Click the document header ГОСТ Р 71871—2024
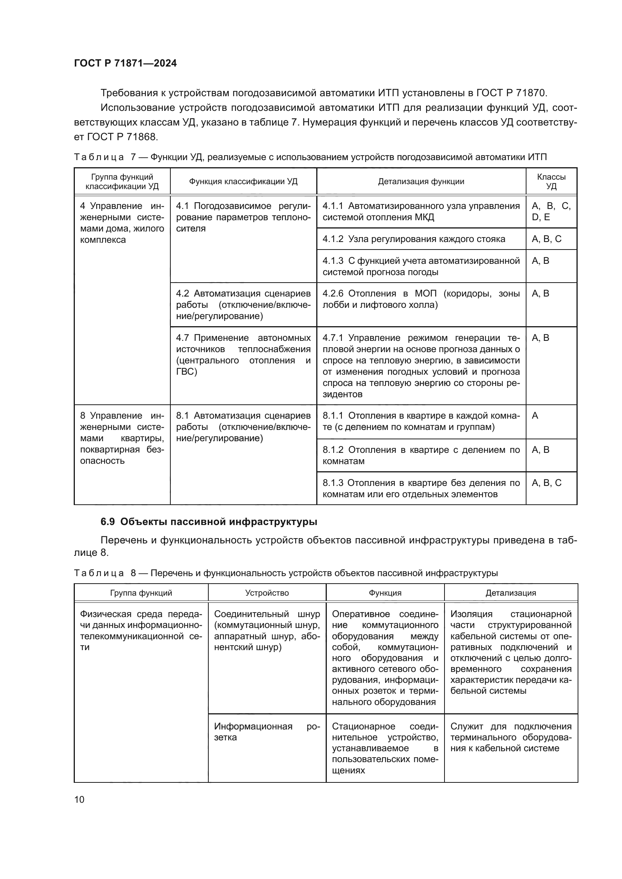pyautogui.click(x=125, y=64)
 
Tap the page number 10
pyautogui.click(x=79, y=799)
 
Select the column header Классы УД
pyautogui.click(x=551, y=182)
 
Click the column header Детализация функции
pyautogui.click(x=421, y=182)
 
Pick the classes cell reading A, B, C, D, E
pyautogui.click(x=551, y=212)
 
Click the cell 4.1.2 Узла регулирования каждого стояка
pyautogui.click(x=414, y=239)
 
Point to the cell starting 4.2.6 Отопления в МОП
pyautogui.click(x=421, y=300)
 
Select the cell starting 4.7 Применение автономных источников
pyautogui.click(x=243, y=354)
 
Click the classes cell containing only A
pyautogui.click(x=535, y=416)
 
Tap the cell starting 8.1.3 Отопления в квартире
pyautogui.click(x=421, y=488)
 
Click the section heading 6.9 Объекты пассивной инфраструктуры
pyautogui.click(x=209, y=522)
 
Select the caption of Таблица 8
pyautogui.click(x=286, y=573)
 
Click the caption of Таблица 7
pyautogui.click(x=310, y=157)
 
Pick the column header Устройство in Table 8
pyautogui.click(x=267, y=593)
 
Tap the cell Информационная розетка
pyautogui.click(x=267, y=732)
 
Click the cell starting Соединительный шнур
pyautogui.click(x=267, y=631)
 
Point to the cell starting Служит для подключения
pyautogui.click(x=511, y=737)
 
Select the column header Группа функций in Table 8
pyautogui.click(x=141, y=593)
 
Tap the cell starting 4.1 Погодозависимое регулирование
pyautogui.click(x=243, y=217)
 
